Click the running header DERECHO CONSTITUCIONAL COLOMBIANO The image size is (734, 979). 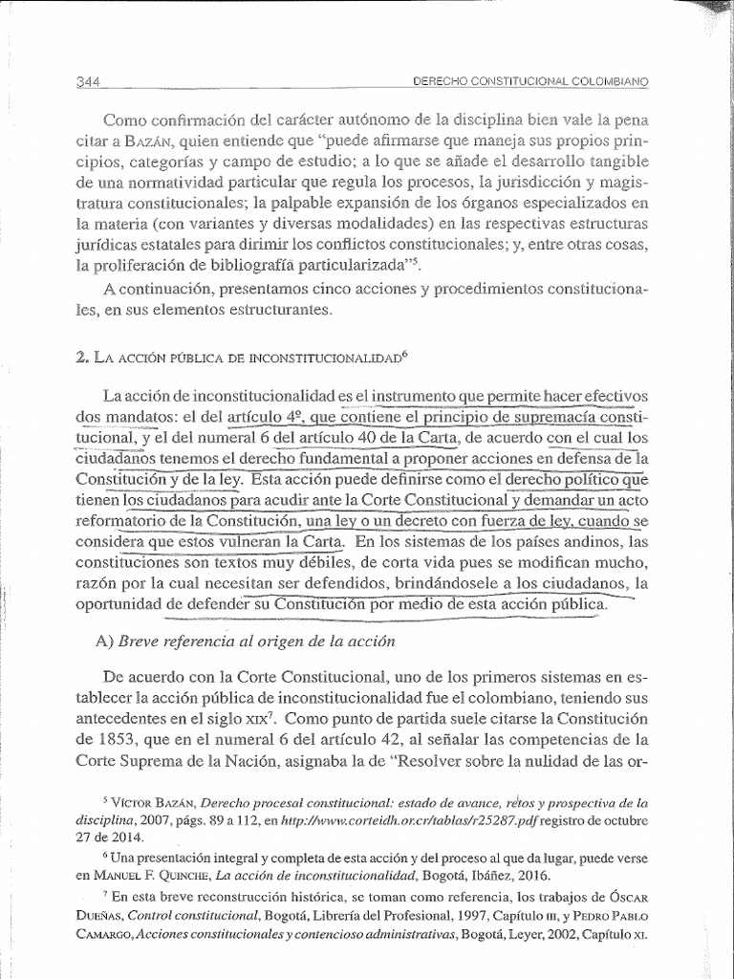[x=530, y=82]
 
